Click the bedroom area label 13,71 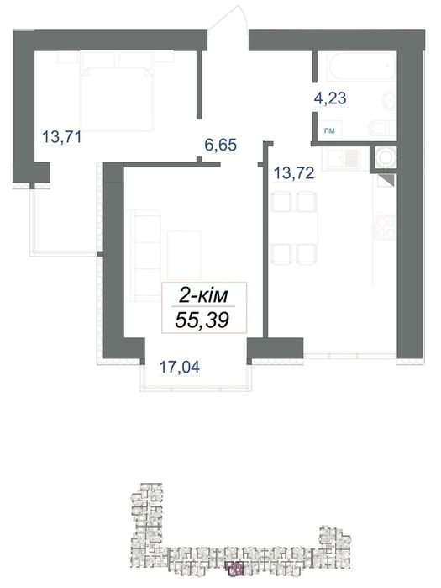pos(62,137)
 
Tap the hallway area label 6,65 pos(220,145)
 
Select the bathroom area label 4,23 pos(330,98)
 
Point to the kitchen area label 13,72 pos(294,173)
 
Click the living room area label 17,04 pos(180,367)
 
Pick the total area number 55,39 pos(202,320)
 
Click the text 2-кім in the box pos(203,296)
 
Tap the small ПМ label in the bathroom pos(329,130)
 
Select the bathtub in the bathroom pos(361,66)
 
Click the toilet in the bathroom pos(382,128)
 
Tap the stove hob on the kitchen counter pos(385,228)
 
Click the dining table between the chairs pos(294,228)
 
